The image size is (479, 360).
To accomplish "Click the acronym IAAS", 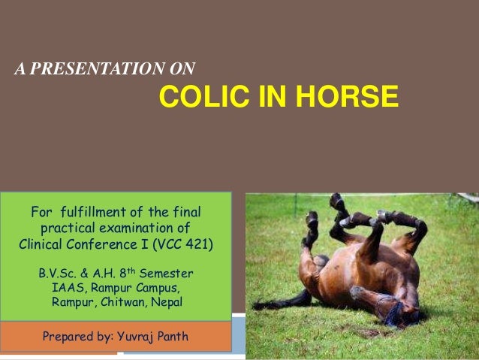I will pos(65,288).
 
